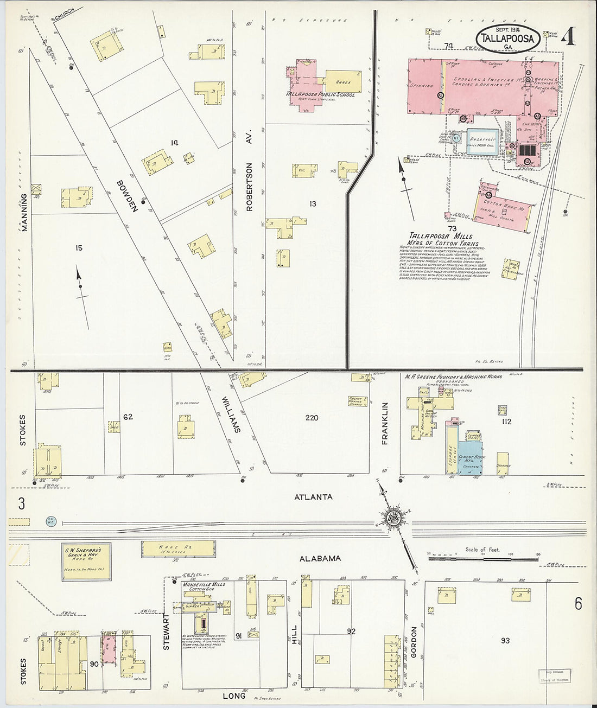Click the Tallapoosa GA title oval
(x=508, y=39)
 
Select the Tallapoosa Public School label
(x=320, y=94)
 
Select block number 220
(x=312, y=418)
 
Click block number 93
(x=505, y=641)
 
